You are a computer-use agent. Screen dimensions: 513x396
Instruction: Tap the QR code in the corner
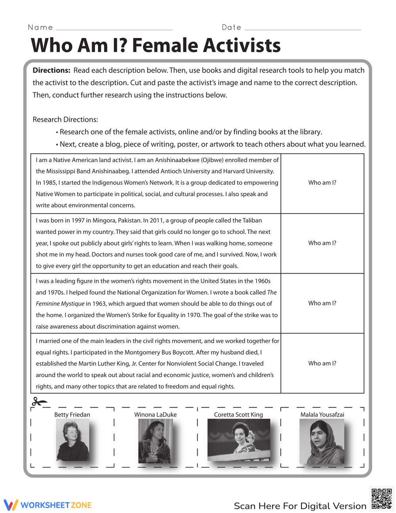381,498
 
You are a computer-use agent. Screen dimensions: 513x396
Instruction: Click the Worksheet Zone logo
48,505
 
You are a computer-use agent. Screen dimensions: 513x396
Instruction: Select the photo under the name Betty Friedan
72,440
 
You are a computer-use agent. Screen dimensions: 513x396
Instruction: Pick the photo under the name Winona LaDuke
155,441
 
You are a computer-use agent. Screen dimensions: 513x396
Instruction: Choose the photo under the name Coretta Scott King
238,440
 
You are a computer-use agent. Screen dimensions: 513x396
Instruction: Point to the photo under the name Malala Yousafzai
322,441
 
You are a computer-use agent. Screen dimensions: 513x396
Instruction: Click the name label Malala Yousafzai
322,415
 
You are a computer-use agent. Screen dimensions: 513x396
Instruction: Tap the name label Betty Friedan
72,415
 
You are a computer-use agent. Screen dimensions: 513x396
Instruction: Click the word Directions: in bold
51,71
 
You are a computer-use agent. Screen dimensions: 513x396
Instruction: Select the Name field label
40,27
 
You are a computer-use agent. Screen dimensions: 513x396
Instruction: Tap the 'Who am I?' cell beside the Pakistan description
322,243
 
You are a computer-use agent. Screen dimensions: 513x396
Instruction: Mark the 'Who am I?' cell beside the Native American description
322,183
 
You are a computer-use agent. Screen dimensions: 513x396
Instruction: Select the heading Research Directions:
65,120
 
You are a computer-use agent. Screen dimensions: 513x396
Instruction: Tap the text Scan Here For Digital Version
300,506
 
